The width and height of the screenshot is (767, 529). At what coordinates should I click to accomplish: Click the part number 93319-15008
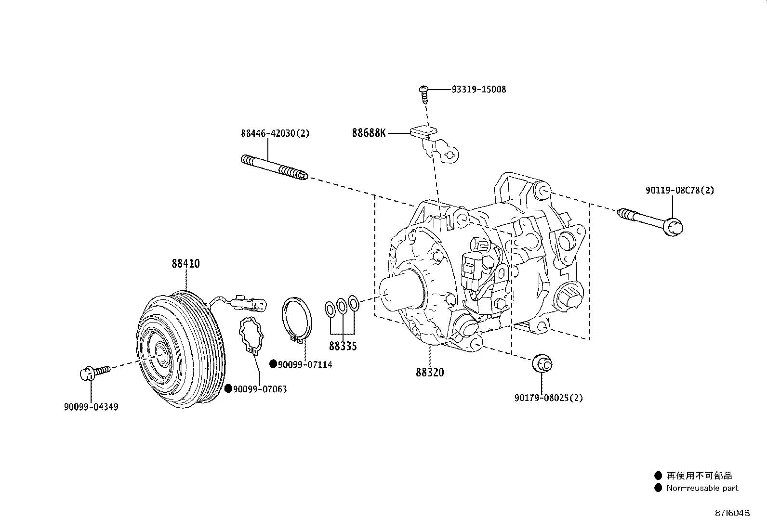[478, 90]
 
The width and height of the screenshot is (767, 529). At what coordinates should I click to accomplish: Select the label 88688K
[369, 133]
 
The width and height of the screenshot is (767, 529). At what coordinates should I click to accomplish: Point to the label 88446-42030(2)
[275, 133]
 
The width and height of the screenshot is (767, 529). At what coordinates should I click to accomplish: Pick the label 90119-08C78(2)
[680, 191]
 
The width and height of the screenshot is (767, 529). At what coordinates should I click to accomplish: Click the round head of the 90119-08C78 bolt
[674, 226]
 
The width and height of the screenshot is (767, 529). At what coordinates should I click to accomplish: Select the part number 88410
[185, 263]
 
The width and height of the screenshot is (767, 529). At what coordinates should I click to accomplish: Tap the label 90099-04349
[91, 407]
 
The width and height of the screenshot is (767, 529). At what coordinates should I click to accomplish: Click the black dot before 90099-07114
[273, 364]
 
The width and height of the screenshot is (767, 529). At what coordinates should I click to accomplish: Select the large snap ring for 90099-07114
[297, 321]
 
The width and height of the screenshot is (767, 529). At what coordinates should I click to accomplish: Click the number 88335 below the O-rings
[343, 346]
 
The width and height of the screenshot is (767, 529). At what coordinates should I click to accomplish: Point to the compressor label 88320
[430, 372]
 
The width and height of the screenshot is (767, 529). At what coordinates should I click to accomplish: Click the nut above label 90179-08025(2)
[542, 363]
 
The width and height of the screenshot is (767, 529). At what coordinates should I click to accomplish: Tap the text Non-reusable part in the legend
[702, 488]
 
